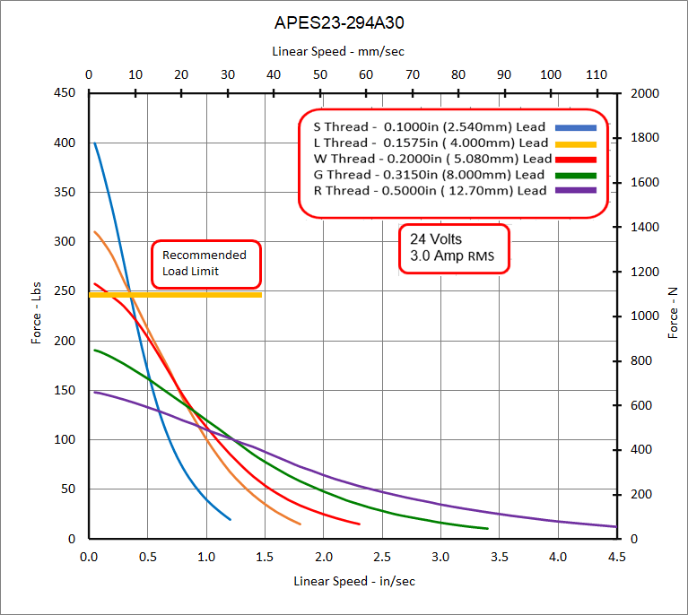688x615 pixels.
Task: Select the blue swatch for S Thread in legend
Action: (576, 127)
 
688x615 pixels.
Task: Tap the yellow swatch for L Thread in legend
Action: (576, 143)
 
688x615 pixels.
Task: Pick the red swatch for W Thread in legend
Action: (576, 159)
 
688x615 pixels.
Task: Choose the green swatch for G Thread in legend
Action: (576, 175)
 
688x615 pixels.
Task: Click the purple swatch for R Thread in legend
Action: (576, 190)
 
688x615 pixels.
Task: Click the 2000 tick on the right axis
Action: (645, 93)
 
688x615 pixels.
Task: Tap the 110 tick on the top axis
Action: (597, 74)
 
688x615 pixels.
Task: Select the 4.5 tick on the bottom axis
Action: (616, 557)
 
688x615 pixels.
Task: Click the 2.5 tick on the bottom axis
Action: (382, 557)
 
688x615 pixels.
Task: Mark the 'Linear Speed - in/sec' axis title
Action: (354, 581)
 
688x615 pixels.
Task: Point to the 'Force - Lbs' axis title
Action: (37, 314)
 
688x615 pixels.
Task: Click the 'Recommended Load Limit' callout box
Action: (205, 263)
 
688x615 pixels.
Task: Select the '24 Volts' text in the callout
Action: (436, 239)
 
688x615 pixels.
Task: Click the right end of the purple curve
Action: (615, 526)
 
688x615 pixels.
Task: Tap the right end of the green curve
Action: (487, 528)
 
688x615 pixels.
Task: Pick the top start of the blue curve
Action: (95, 143)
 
